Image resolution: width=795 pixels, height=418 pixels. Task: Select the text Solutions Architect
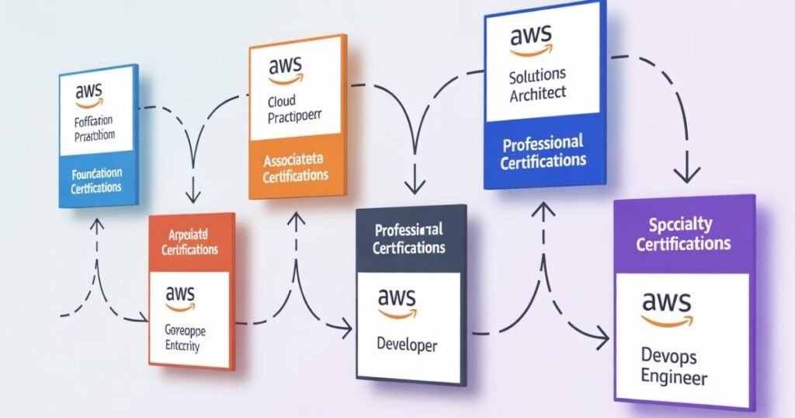(538, 85)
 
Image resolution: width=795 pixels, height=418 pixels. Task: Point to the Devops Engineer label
(674, 367)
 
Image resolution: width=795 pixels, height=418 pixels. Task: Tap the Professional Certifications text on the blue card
(543, 152)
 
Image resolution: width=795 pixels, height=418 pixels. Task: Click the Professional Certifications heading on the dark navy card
(408, 239)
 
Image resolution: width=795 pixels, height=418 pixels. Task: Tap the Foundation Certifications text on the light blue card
(96, 181)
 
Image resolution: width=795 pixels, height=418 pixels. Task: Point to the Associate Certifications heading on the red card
(189, 242)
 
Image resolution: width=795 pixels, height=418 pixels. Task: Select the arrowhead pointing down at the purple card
(684, 175)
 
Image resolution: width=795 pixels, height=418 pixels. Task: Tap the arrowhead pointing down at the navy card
(415, 186)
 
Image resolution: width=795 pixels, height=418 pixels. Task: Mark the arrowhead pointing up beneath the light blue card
(96, 225)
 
